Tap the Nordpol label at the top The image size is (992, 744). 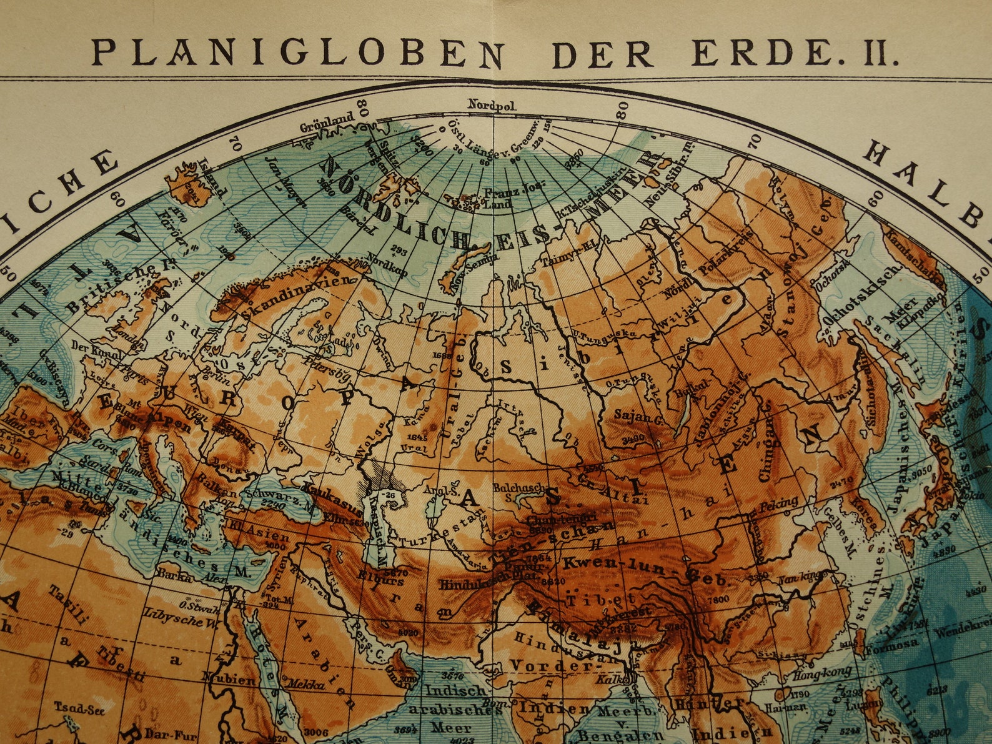[x=493, y=105]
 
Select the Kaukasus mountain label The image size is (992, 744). [x=325, y=496]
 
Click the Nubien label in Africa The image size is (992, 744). [x=228, y=678]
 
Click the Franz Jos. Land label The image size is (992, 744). [x=512, y=194]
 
